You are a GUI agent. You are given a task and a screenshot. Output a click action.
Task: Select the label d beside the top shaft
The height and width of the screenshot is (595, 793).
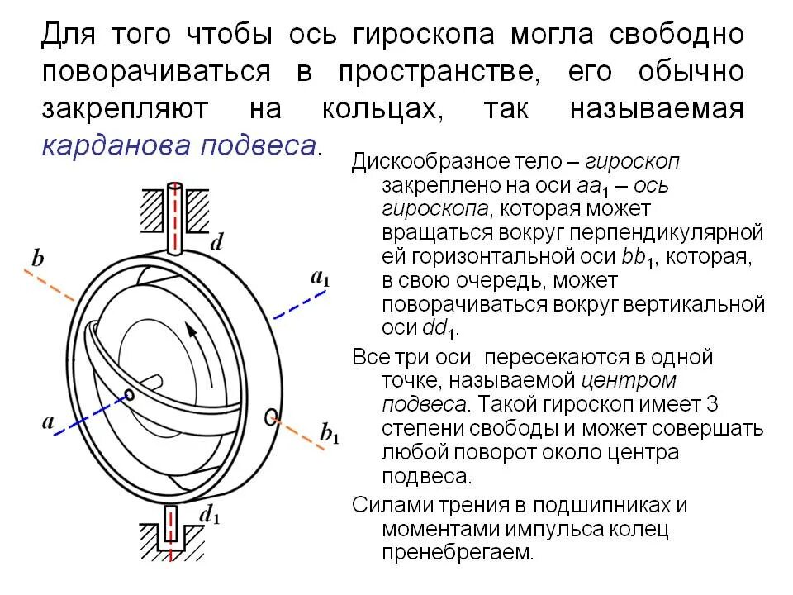217,241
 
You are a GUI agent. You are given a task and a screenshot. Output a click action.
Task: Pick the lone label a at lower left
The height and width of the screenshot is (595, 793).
49,422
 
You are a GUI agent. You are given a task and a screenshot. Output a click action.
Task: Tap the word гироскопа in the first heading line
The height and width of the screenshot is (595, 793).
423,35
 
